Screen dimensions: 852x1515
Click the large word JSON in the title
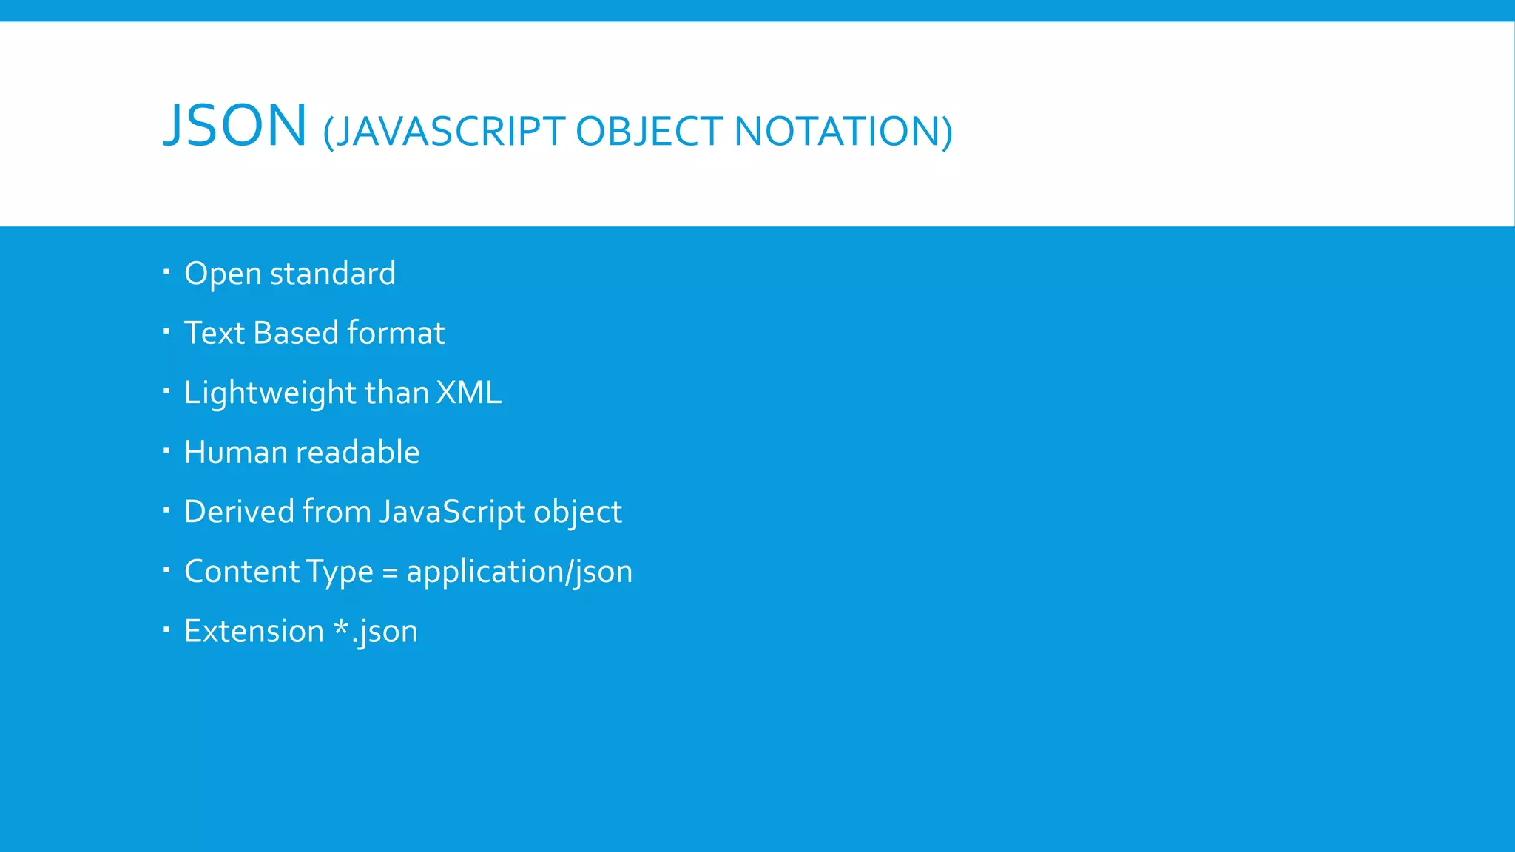(234, 126)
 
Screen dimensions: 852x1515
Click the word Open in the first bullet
(223, 274)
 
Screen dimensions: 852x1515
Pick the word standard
(333, 274)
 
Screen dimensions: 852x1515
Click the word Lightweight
(270, 393)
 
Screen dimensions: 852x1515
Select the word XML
(469, 393)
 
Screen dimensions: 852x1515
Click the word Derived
(239, 512)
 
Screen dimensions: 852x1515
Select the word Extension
(254, 631)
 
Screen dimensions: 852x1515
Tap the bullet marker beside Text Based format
(166, 331)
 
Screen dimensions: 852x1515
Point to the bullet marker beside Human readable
(166, 450)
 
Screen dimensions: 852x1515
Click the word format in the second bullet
(396, 333)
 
